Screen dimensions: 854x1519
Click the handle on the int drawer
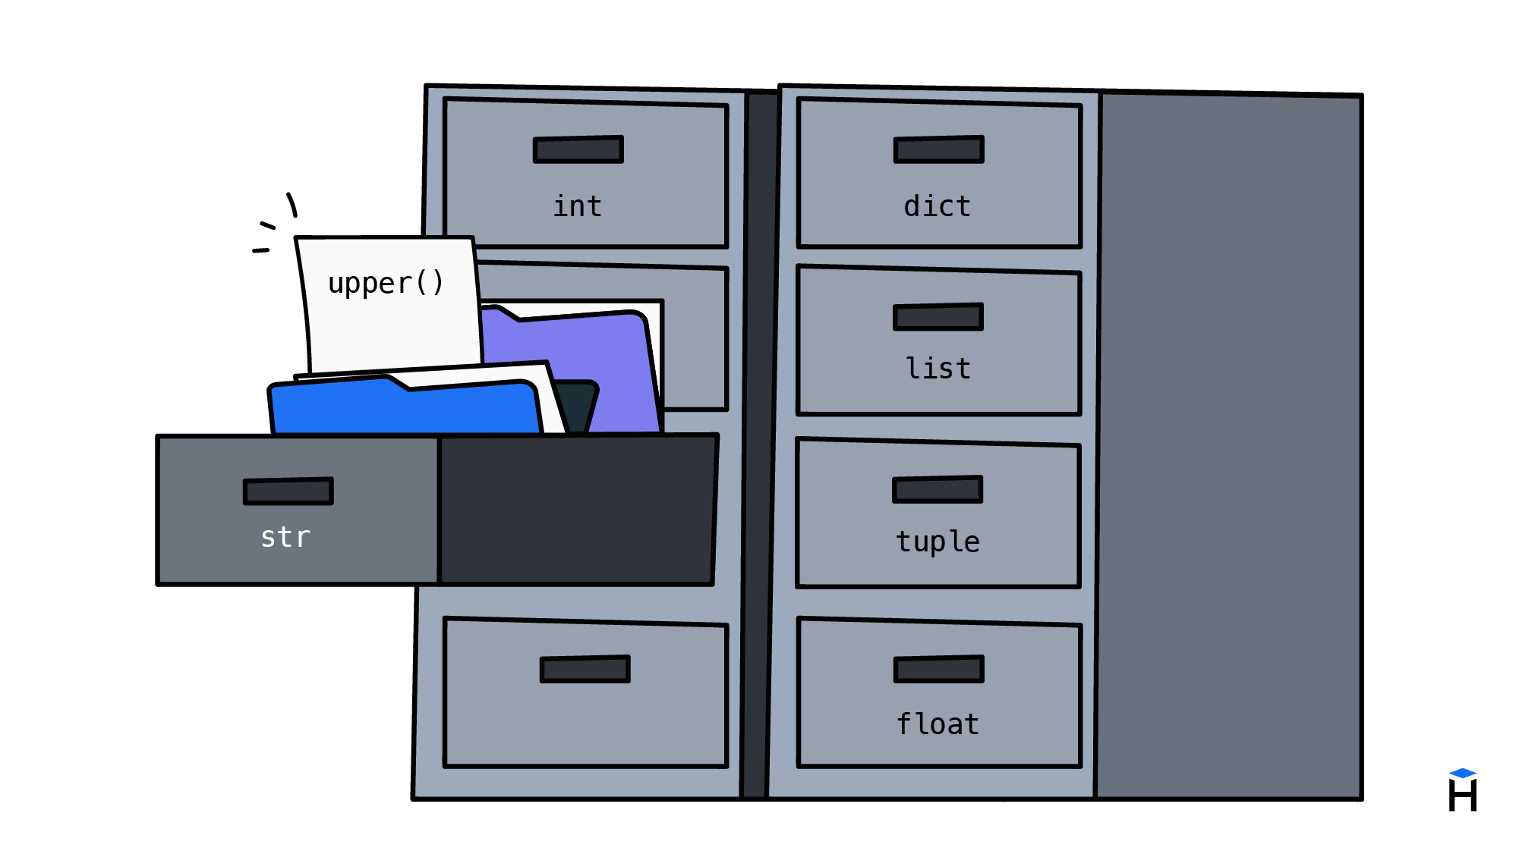(x=578, y=149)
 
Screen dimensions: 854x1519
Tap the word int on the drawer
(x=577, y=206)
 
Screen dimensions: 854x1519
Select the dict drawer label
(x=938, y=206)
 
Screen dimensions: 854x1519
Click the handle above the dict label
(x=939, y=149)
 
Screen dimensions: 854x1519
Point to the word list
(x=938, y=369)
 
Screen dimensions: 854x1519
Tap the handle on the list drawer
(x=938, y=317)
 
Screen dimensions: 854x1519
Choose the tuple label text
(x=938, y=542)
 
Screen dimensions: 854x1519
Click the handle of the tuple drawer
(x=938, y=489)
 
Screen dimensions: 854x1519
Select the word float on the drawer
(x=938, y=724)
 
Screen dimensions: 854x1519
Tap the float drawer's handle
(x=939, y=669)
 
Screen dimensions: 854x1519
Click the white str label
(x=285, y=537)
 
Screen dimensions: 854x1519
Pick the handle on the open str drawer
(x=288, y=491)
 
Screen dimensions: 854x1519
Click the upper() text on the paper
(x=386, y=284)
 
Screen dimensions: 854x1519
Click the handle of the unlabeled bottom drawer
(x=585, y=669)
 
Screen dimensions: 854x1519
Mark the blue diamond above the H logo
(x=1463, y=773)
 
